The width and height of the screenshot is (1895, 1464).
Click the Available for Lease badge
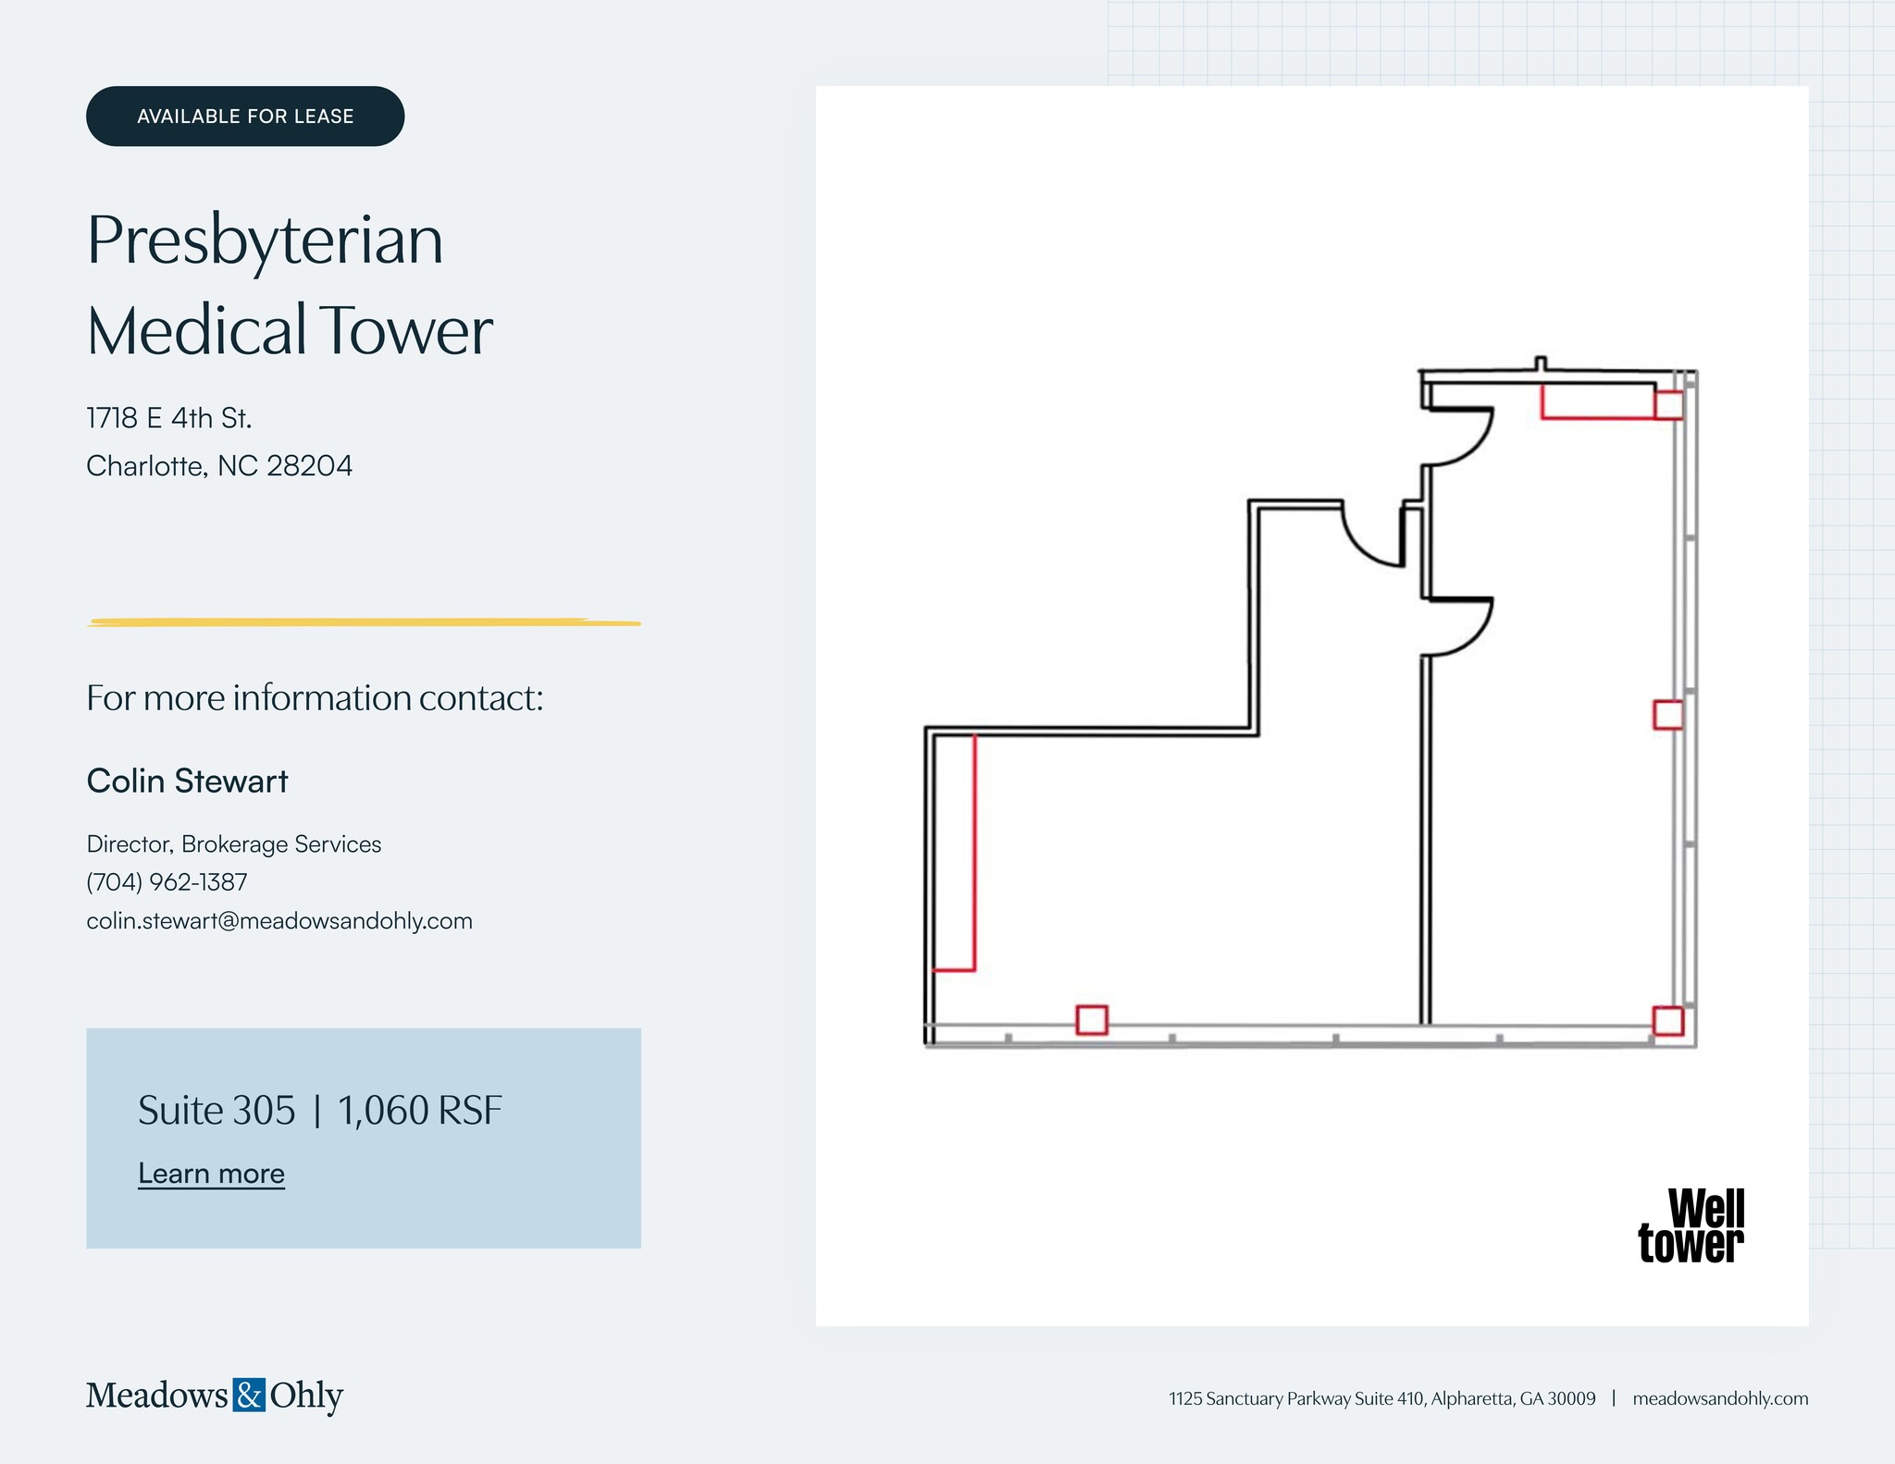[x=245, y=117]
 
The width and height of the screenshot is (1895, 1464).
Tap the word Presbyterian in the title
[x=266, y=240]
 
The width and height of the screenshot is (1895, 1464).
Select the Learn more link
[x=211, y=1174]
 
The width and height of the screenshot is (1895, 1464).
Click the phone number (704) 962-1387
[x=167, y=882]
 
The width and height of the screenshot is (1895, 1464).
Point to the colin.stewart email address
[x=279, y=921]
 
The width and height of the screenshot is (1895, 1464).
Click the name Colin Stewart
[x=187, y=781]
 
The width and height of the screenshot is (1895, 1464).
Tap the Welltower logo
[x=1691, y=1226]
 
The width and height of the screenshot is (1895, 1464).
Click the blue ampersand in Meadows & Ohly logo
[x=249, y=1395]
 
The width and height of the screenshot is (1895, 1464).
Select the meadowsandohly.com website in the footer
[x=1720, y=1398]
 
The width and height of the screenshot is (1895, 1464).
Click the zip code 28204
[x=309, y=465]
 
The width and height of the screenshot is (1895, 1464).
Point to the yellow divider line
[x=364, y=622]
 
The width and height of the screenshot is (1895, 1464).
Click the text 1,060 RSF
[x=420, y=1111]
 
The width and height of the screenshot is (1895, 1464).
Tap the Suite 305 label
[x=217, y=1111]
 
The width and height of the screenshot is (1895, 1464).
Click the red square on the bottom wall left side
[x=1092, y=1020]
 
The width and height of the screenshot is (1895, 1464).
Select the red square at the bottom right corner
[x=1668, y=1021]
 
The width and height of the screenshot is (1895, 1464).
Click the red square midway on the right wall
[x=1668, y=715]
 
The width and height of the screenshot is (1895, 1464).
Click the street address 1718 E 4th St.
[x=169, y=418]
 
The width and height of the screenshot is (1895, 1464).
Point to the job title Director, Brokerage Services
[x=234, y=844]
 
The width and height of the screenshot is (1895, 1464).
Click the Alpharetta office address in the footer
[x=1381, y=1398]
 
